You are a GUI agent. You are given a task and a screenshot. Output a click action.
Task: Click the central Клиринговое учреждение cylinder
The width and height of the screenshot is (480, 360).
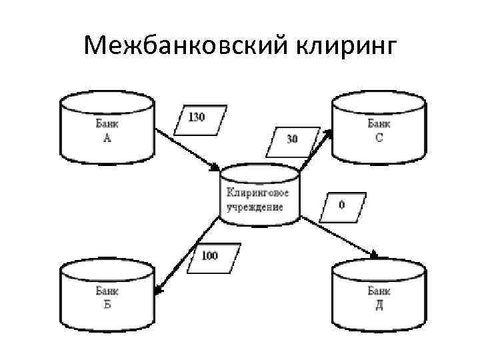pos(259,198)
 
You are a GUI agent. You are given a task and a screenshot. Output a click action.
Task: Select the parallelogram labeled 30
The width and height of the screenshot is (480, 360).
pos(291,140)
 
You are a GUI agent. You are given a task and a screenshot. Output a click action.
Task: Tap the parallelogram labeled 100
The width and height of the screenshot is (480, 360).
pos(210,256)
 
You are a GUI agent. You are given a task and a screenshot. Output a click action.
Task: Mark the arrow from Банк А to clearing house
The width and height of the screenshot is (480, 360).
pos(188,149)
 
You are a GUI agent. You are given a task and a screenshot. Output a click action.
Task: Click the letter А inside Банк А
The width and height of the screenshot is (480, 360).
pos(107,138)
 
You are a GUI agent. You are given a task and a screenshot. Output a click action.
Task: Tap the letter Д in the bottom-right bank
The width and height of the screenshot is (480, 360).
pos(379,306)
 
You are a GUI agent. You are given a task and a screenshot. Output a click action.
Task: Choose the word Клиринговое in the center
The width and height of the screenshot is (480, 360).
pos(258,193)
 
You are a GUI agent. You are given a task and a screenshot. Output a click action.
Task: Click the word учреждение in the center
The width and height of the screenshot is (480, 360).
pos(254,207)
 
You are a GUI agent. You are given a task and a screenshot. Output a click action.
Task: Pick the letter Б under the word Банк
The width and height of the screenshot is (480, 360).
pos(107,306)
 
